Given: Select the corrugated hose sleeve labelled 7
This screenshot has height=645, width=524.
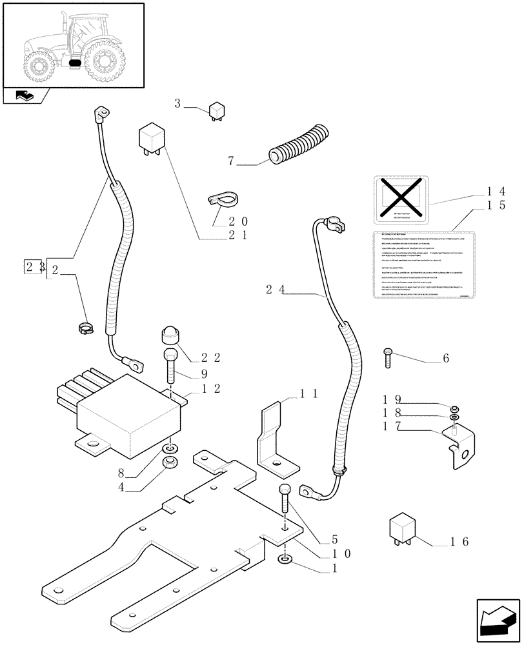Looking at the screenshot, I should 298,144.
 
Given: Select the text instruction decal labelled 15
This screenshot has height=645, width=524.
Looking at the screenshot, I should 423,265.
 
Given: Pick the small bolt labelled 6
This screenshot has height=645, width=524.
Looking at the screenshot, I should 387,357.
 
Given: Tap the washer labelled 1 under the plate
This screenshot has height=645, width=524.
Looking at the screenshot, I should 285,559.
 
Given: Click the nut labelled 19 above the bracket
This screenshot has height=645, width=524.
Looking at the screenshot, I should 454,408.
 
